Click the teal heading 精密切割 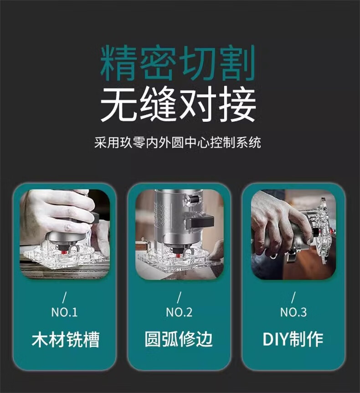tap(178, 63)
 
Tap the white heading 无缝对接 tap(178, 103)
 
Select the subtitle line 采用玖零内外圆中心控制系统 tap(178, 143)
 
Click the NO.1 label tap(64, 312)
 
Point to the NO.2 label tap(179, 312)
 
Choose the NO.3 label tap(293, 312)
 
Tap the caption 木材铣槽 tap(66, 339)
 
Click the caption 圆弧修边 tap(179, 339)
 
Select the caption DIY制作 tap(293, 339)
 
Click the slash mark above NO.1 tap(64, 297)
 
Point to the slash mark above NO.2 tap(179, 297)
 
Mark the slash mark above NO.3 tap(293, 297)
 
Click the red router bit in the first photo tap(65, 251)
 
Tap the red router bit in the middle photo tap(178, 255)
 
